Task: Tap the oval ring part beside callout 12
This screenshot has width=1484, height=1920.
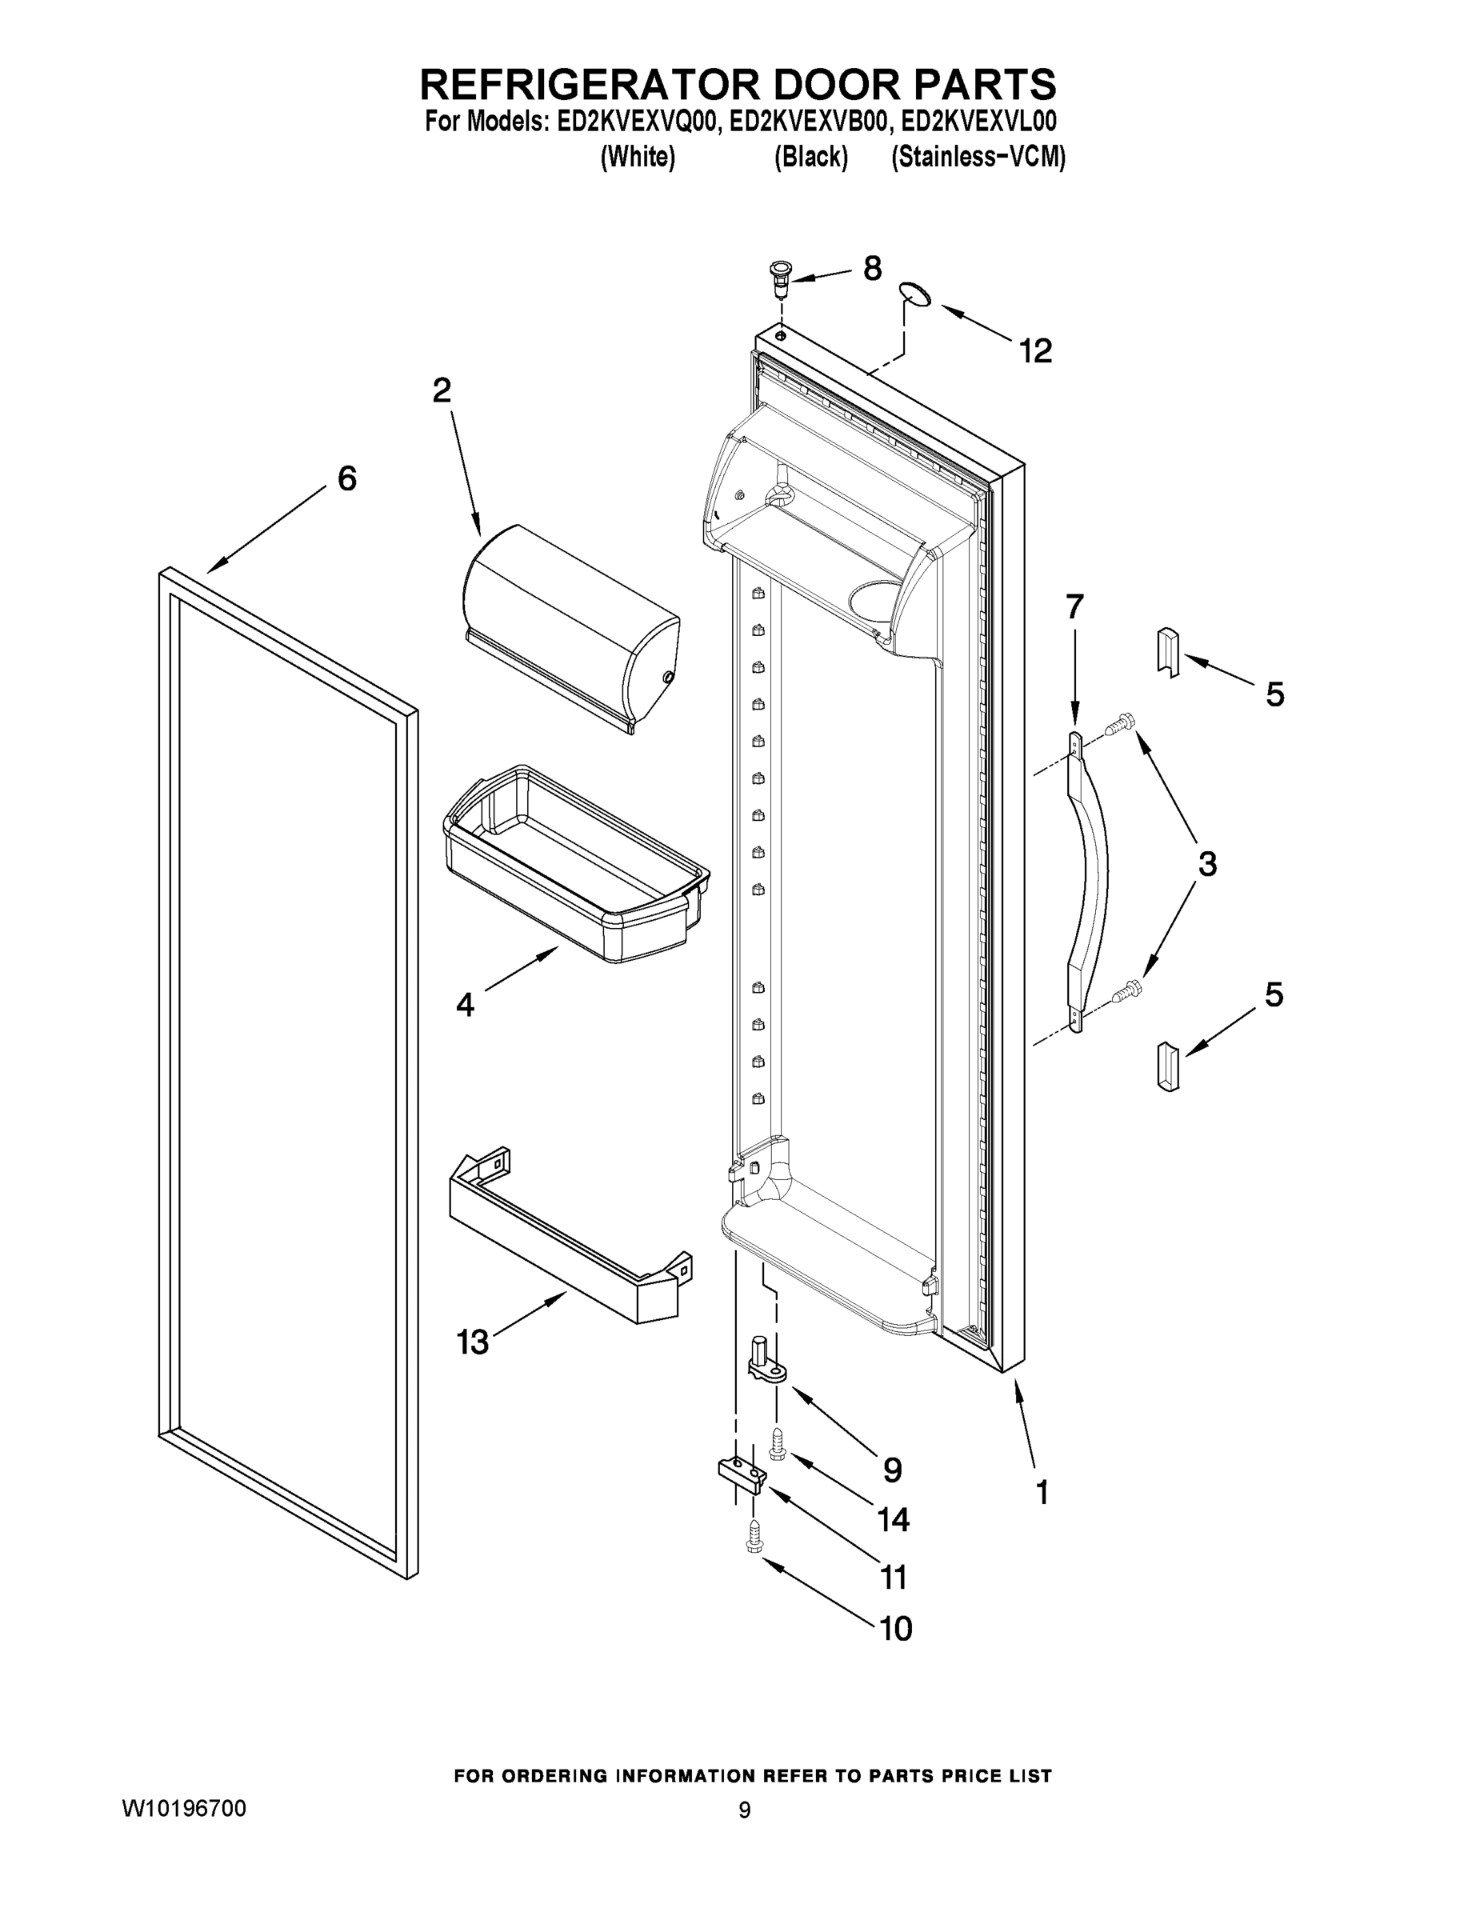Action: coord(916,294)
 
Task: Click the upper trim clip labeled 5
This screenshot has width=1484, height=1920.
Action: coord(1166,652)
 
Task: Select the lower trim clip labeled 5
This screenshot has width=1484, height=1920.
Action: coord(1166,1066)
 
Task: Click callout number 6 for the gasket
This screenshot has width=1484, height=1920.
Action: coord(347,479)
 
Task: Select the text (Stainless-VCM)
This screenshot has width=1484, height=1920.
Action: coord(978,158)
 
